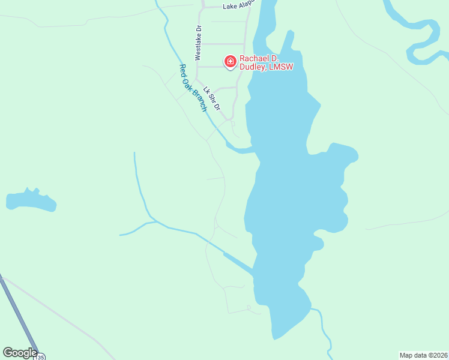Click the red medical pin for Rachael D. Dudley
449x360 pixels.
coord(230,61)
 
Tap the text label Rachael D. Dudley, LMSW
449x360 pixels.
coord(267,62)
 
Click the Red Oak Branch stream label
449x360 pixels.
coord(193,88)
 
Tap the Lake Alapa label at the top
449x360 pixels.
coord(239,5)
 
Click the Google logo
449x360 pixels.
coord(20,353)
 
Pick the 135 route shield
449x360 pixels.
coord(39,357)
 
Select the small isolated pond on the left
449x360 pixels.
coord(31,201)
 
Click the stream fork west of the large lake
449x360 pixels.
coord(154,221)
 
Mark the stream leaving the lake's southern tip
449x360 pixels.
coord(324,327)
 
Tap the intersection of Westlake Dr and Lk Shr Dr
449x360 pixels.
coord(197,80)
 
